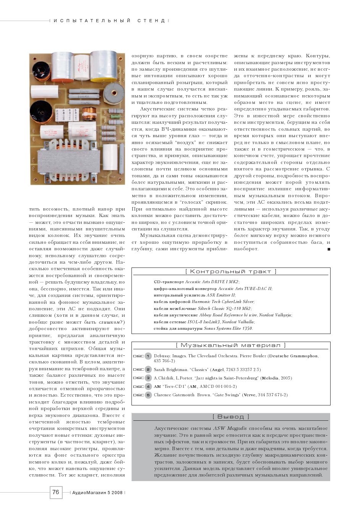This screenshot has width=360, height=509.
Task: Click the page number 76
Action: (56, 492)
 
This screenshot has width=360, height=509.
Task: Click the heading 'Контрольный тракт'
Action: (230, 272)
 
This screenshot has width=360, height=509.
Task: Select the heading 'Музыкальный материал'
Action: (230, 345)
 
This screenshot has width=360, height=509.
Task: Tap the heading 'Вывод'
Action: (230, 417)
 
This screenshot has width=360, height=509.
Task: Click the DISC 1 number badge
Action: (148, 356)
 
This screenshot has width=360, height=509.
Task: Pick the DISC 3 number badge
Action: (148, 378)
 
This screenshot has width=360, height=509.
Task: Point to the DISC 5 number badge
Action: (148, 395)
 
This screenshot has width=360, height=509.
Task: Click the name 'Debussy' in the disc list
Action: (162, 356)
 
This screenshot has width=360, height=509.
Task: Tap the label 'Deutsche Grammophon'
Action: (294, 356)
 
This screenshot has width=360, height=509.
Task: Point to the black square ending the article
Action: (329, 249)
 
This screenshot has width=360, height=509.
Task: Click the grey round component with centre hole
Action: (114, 94)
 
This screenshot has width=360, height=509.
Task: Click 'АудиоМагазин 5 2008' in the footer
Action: (97, 493)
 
